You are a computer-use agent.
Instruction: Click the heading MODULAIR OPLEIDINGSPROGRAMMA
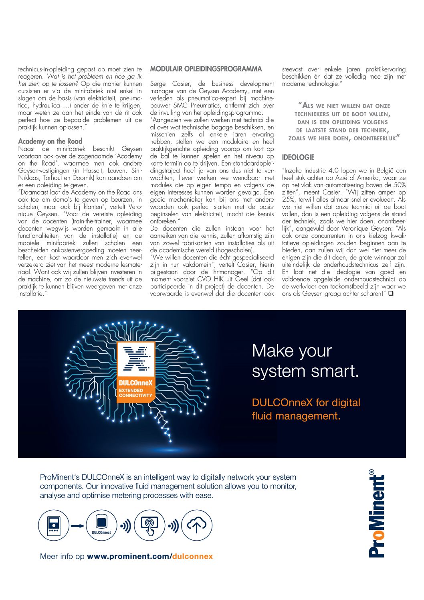coord(206,69)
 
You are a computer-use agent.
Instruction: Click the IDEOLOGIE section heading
coord(298,157)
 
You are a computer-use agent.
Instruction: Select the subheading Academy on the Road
coord(50,141)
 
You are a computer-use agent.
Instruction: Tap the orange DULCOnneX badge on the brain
coord(136,372)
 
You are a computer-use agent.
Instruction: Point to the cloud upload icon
coord(197,525)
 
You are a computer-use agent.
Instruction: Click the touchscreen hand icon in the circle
coord(149,525)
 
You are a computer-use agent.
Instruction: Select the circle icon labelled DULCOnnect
coord(101,525)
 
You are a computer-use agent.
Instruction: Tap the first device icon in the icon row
coord(54,525)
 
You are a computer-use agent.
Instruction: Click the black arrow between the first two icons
coord(78,526)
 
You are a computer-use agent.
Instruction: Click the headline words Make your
coord(292,351)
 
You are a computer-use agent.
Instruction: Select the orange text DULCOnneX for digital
coord(306,403)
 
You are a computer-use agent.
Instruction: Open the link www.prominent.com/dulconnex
coord(150,556)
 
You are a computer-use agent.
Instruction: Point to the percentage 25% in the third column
coord(289,199)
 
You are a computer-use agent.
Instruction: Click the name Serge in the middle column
coord(157,84)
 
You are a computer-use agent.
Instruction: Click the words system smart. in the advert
coord(305,371)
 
